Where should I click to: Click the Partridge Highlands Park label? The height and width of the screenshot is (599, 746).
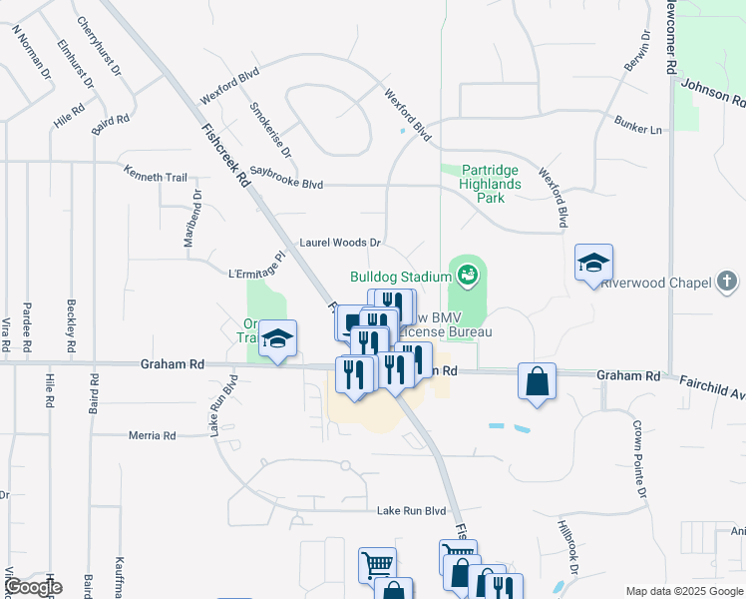click(x=490, y=185)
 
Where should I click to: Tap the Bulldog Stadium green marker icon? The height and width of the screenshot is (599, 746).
click(x=467, y=272)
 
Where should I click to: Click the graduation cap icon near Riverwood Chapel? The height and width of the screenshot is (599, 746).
click(x=593, y=264)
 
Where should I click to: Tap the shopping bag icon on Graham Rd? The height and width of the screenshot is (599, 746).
click(x=537, y=380)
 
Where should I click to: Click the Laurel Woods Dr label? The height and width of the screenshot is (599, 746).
click(x=341, y=243)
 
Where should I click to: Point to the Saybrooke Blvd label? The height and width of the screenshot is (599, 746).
click(x=286, y=184)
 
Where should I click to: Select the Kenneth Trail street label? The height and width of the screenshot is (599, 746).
click(x=155, y=177)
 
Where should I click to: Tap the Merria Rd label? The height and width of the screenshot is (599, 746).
click(x=153, y=435)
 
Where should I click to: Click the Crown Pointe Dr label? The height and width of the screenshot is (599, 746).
click(x=638, y=458)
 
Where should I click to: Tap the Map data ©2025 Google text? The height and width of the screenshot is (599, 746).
click(x=683, y=591)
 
